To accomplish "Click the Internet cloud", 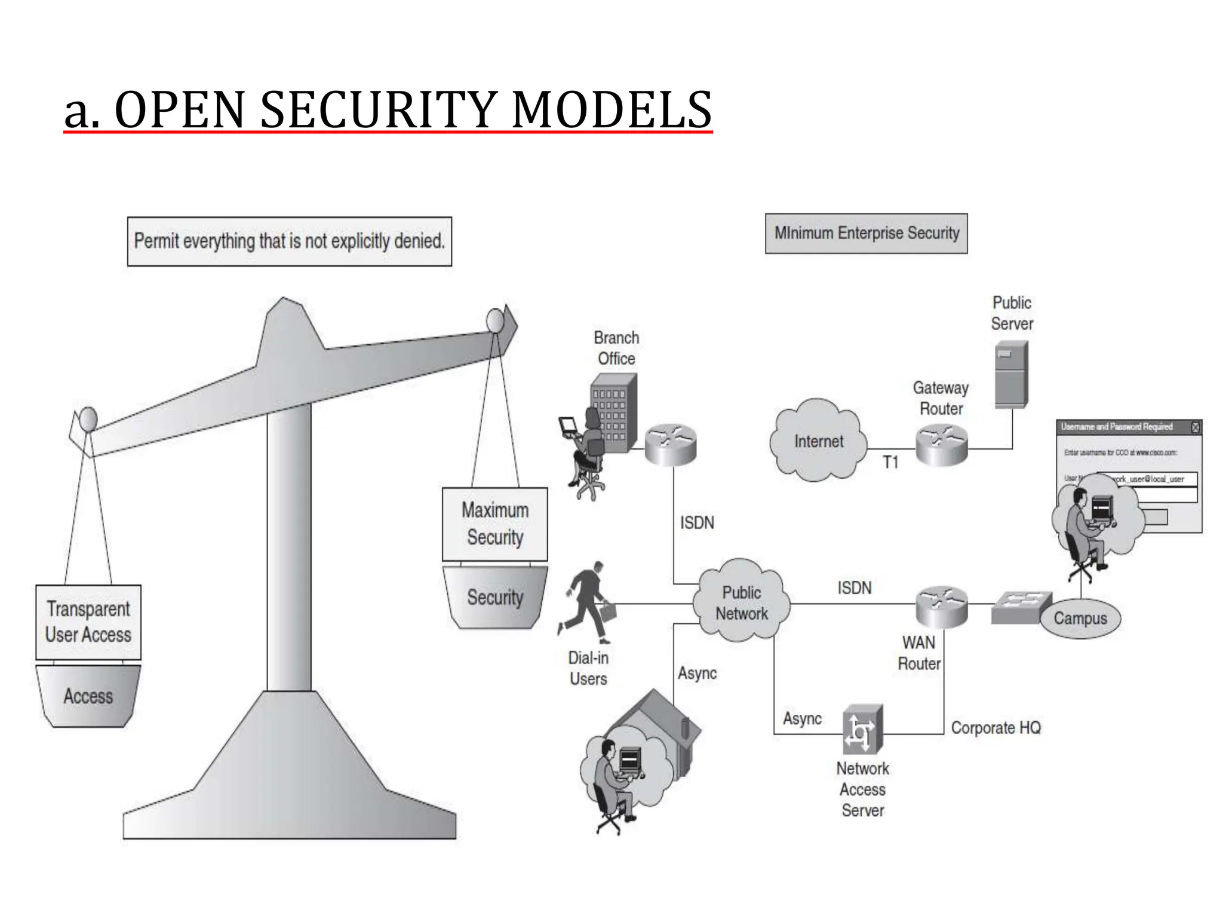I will tap(818, 441).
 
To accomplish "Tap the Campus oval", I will tap(1080, 618).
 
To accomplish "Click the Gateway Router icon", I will tap(941, 443).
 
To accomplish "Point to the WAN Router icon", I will tap(941, 606).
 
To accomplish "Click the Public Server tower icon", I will tap(1011, 374).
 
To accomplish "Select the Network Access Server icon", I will tap(862, 729).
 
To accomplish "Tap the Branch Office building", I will tap(613, 412).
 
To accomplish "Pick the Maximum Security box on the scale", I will tap(494, 524).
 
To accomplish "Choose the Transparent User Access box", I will tap(88, 622).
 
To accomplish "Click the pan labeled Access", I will tap(88, 696).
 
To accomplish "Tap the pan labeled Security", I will tap(494, 597).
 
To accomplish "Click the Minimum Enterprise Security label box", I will tap(866, 233).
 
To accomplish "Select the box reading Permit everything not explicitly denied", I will tap(290, 241).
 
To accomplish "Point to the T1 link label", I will tap(890, 462).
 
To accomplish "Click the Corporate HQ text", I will tap(995, 727).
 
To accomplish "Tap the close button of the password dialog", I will tap(1195, 427).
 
